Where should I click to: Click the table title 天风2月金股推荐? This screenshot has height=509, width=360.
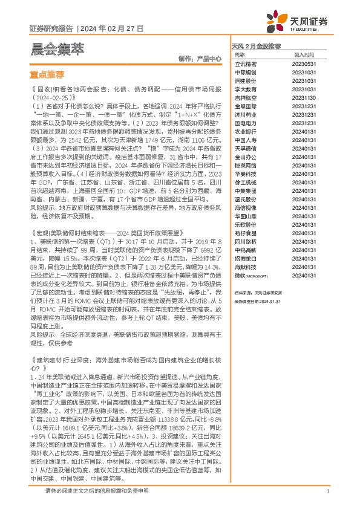pyautogui.click(x=256, y=46)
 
